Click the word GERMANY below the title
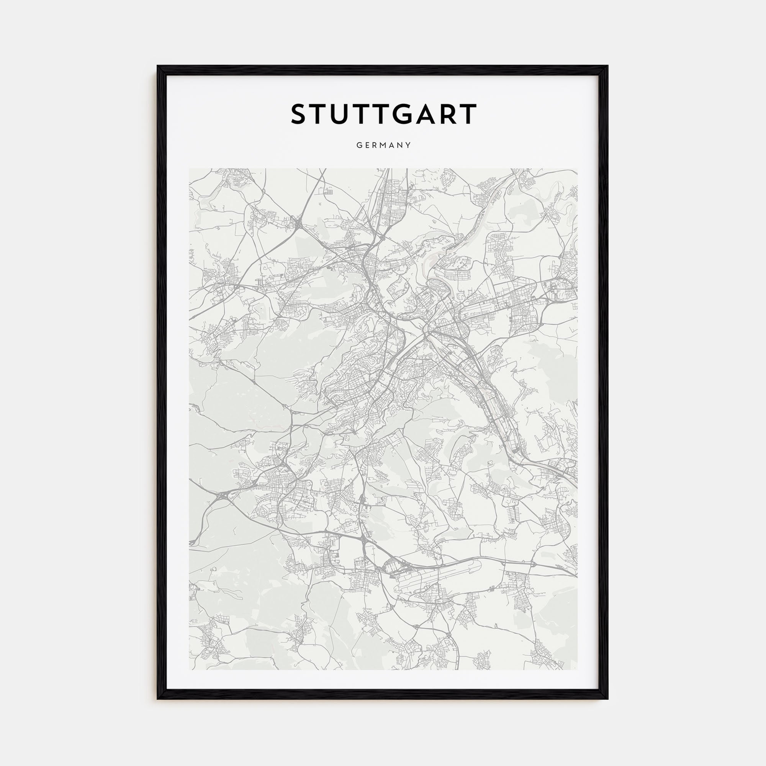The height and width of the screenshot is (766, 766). point(383,146)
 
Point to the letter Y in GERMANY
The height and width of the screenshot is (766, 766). point(408,146)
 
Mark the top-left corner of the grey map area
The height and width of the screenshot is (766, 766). point(190,169)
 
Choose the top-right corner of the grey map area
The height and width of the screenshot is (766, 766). point(577,169)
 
